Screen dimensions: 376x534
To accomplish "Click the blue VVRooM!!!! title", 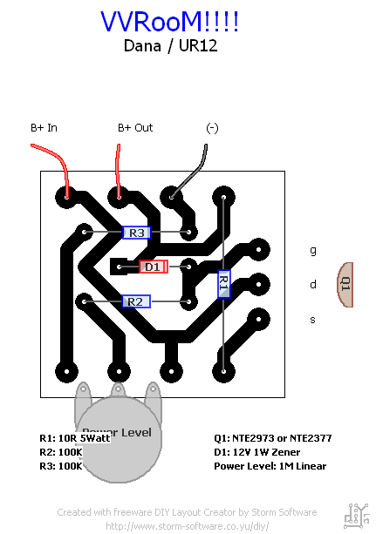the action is tap(169, 22).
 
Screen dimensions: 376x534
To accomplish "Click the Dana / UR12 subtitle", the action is tap(170, 46).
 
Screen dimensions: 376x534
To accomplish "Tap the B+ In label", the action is tap(44, 128).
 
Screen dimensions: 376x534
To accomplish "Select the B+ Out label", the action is tap(135, 128).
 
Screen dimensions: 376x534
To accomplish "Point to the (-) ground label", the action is tap(212, 128).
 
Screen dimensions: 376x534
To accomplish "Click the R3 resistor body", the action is tap(136, 233).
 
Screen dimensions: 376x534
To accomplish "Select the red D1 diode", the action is tap(154, 267).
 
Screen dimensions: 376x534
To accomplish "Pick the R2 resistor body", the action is tap(136, 301).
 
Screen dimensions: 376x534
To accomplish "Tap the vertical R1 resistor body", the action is tap(223, 284).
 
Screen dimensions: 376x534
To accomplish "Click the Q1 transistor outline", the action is tap(345, 285).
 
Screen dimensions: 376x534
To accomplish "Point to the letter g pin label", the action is tap(313, 251).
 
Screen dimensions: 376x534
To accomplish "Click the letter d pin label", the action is tap(313, 284).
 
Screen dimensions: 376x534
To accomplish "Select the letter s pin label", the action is tap(312, 320).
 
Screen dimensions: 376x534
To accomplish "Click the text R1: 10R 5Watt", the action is tap(75, 438).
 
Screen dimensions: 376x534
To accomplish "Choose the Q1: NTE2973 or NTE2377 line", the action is tap(272, 438).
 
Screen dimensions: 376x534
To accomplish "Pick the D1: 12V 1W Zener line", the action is tap(257, 452).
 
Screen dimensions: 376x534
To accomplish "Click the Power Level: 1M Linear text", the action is tap(270, 466).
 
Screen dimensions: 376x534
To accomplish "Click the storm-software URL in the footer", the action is tap(187, 526).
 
